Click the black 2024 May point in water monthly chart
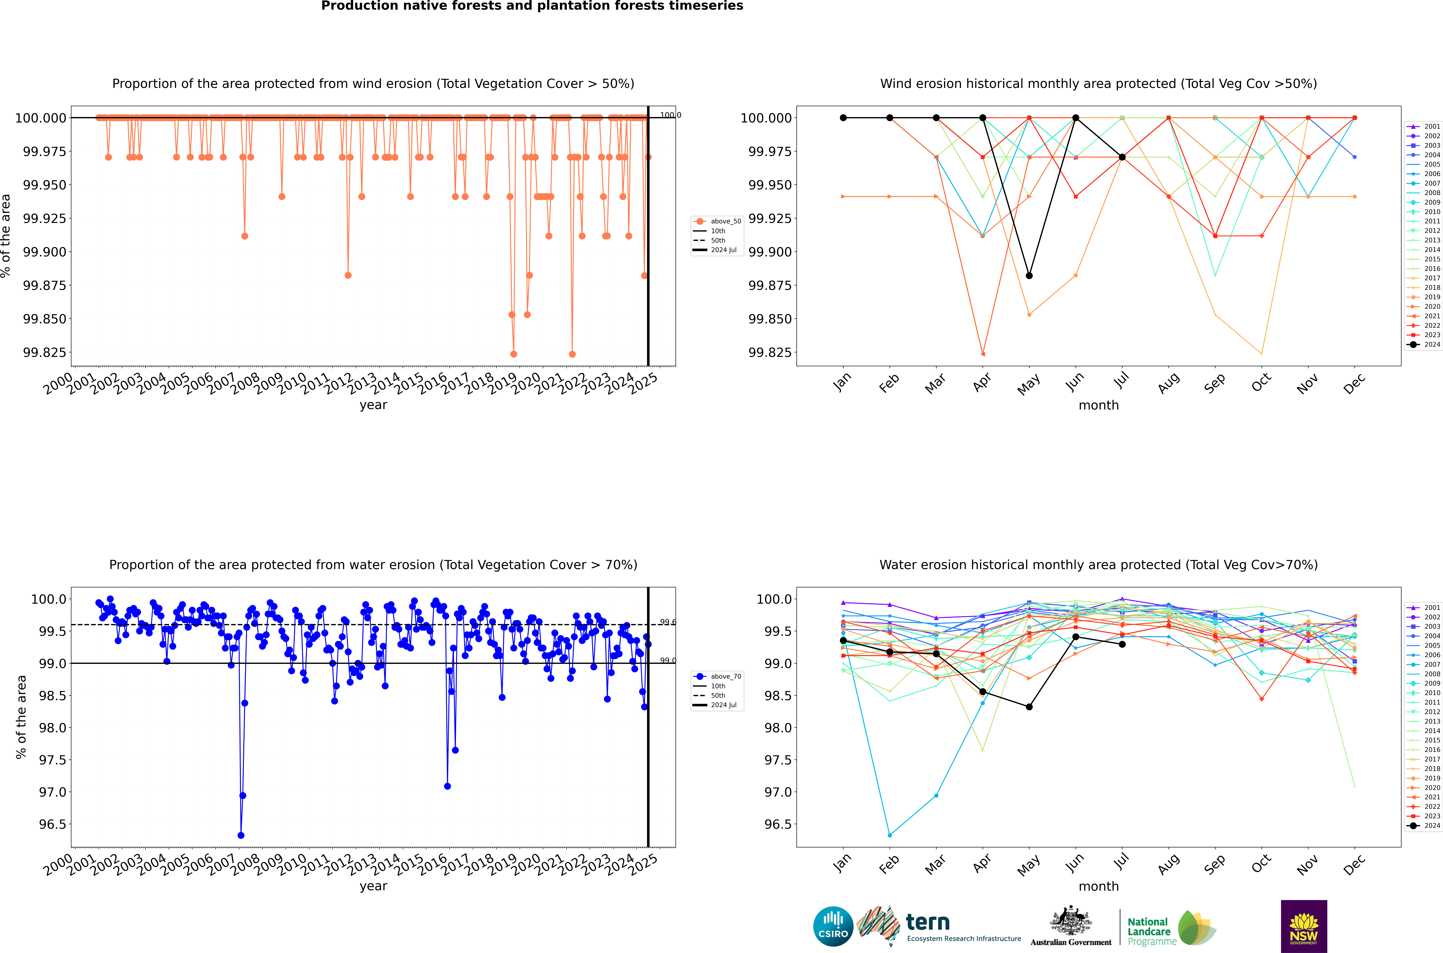1029,707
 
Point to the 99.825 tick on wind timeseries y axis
44,353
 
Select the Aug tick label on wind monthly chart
1168,383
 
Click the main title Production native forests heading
532,6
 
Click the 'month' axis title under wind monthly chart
1098,405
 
